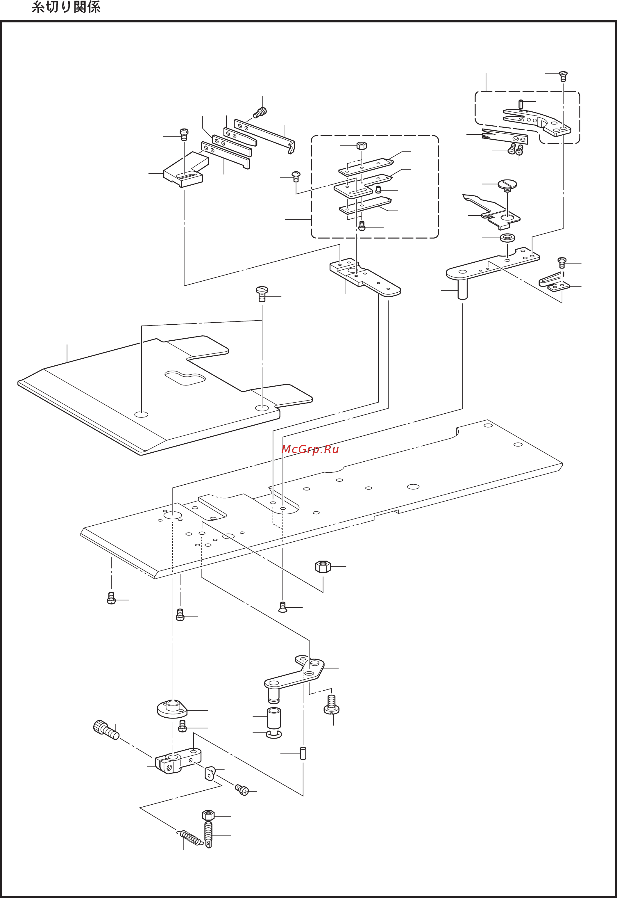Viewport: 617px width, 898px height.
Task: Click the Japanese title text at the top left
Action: point(66,7)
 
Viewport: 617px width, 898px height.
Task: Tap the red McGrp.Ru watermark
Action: point(310,449)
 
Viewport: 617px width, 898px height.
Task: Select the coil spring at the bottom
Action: point(190,838)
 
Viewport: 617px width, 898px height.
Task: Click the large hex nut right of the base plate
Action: point(323,567)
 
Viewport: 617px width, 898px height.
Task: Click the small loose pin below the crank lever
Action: point(303,753)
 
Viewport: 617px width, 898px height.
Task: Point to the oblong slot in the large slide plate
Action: point(185,378)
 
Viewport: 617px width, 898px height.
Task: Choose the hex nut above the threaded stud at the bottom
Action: point(208,815)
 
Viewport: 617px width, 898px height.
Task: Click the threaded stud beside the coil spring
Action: point(208,834)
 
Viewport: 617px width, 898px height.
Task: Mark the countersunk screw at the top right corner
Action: point(563,76)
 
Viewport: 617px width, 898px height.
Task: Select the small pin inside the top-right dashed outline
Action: point(521,104)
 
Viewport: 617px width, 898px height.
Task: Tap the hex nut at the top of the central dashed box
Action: point(362,145)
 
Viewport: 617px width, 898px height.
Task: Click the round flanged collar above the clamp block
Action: point(172,709)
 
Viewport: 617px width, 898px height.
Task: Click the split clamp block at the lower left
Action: point(178,760)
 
